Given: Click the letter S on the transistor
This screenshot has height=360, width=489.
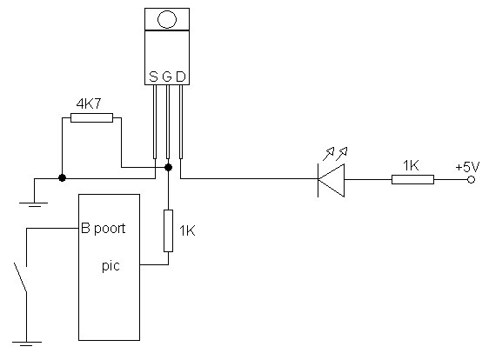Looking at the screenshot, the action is click(x=153, y=77).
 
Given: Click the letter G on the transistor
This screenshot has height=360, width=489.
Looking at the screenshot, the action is click(x=167, y=77).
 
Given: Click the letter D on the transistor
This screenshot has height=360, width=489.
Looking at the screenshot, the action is click(x=181, y=77).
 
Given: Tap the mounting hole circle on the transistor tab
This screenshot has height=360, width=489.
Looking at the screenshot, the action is click(x=167, y=19).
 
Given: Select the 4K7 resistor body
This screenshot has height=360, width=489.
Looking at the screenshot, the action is click(x=91, y=117).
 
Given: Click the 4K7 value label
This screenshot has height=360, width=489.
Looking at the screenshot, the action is click(x=89, y=103).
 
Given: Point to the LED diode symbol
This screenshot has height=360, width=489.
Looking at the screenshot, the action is click(x=331, y=180).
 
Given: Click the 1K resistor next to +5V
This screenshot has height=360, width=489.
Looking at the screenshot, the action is click(x=412, y=179).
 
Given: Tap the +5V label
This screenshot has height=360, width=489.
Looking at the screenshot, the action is click(x=467, y=167).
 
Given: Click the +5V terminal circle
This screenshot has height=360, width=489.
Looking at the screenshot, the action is click(x=472, y=179).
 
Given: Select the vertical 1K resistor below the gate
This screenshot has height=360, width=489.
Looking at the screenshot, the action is click(x=169, y=230).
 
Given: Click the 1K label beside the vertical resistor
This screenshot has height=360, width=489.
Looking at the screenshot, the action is click(x=187, y=231).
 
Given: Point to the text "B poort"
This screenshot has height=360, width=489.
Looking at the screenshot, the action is click(x=104, y=229).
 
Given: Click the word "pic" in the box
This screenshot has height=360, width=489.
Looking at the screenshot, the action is click(x=111, y=266).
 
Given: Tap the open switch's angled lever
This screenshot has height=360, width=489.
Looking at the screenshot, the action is click(x=21, y=277).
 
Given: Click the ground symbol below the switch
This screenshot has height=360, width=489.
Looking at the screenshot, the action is click(x=27, y=343).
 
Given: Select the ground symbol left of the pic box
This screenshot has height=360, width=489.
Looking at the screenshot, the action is click(x=34, y=204).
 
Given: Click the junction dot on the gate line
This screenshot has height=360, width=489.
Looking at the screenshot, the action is click(x=168, y=167).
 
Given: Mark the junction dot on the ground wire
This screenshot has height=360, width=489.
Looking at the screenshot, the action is click(x=62, y=178).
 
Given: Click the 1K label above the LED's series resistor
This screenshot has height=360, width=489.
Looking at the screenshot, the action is click(x=411, y=166).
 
